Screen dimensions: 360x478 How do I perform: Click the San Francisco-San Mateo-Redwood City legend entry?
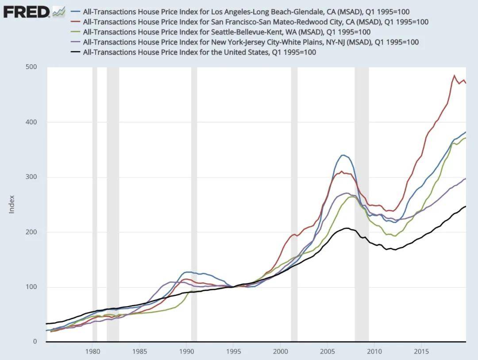click(255, 22)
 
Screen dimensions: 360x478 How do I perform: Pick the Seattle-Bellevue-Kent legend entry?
click(227, 32)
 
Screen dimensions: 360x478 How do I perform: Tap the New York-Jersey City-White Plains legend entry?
click(251, 42)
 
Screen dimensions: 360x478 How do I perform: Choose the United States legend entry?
click(199, 52)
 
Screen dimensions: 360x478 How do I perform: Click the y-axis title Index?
click(12, 204)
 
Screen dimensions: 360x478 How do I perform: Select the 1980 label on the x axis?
click(93, 352)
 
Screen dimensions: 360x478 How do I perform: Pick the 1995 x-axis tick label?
click(233, 352)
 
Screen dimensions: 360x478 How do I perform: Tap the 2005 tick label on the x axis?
click(328, 352)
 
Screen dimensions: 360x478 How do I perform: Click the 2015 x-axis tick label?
click(421, 352)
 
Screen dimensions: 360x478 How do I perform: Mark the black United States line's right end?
click(466, 206)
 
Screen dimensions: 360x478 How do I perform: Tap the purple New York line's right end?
click(466, 178)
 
